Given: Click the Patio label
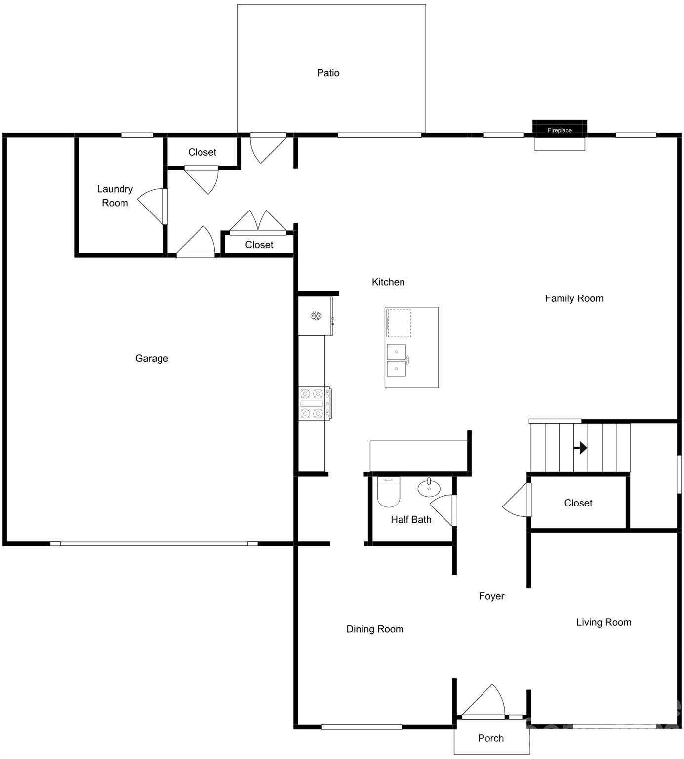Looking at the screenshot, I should (328, 73).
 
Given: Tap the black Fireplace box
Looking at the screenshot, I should (560, 128).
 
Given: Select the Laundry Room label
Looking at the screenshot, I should (115, 196).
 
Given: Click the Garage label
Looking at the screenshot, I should (152, 359).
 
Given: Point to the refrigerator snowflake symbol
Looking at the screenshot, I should (316, 316).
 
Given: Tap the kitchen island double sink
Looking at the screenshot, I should (397, 360).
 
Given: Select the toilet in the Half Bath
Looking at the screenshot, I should (389, 492).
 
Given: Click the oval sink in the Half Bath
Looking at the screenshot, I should (429, 488).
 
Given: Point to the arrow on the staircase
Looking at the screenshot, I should (580, 448).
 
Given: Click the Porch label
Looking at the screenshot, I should (491, 738).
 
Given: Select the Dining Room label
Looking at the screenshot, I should (375, 629).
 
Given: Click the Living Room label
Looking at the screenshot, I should (604, 623).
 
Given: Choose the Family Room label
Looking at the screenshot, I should (574, 298).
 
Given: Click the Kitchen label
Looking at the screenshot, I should (388, 282).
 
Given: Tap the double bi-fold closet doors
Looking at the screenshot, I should (258, 222).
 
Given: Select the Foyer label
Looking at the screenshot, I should (491, 596).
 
